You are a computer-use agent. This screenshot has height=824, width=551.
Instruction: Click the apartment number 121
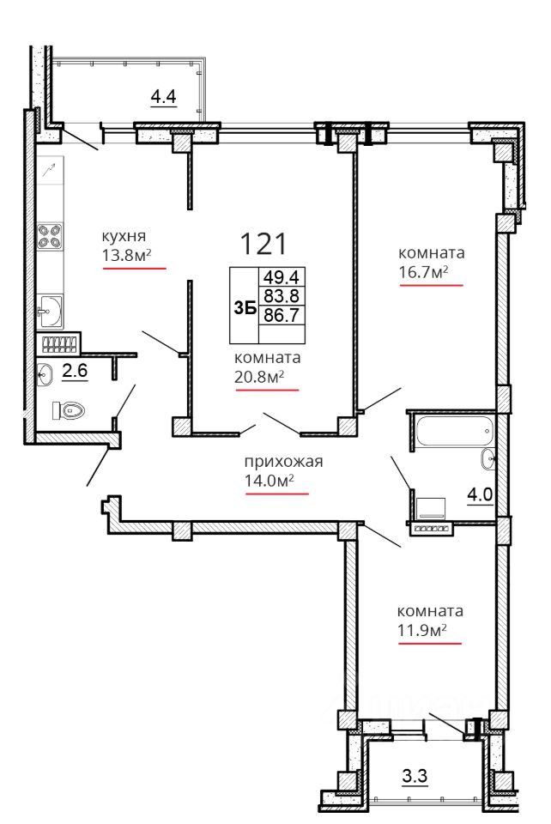click(263, 244)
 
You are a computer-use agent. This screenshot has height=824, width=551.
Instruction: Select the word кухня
click(124, 236)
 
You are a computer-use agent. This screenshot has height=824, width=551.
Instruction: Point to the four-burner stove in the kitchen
click(50, 237)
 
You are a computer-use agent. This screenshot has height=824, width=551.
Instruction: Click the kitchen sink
click(50, 312)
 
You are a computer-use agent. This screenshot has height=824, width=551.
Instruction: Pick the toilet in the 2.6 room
click(69, 410)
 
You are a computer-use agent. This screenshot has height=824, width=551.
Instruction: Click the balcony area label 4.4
click(163, 97)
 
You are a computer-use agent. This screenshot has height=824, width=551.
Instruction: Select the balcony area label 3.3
click(415, 776)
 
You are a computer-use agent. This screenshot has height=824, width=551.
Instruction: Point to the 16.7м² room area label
click(423, 271)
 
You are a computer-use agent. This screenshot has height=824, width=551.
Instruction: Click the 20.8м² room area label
click(259, 376)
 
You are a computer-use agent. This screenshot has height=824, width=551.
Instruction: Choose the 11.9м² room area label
click(422, 629)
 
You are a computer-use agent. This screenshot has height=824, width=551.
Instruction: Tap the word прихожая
click(283, 462)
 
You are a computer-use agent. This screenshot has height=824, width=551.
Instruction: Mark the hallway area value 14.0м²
click(269, 481)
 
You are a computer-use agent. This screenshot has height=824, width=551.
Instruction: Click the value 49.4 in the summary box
click(282, 277)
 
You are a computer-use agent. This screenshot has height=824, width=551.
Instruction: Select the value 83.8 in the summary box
click(282, 296)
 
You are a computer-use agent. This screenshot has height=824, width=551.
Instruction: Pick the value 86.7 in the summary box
click(282, 315)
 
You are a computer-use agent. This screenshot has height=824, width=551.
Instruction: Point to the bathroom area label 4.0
click(480, 495)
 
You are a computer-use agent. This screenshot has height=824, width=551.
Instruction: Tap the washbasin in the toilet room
click(45, 374)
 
